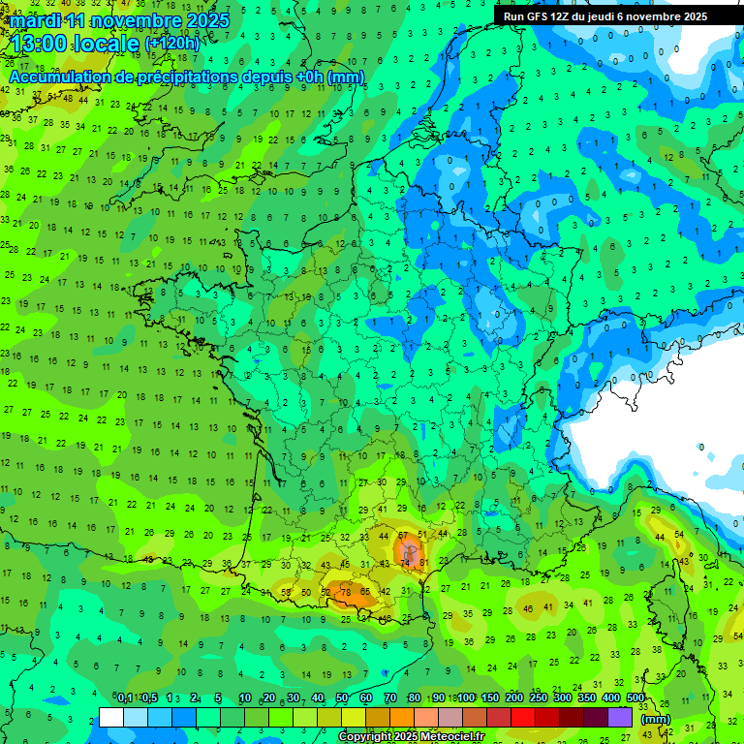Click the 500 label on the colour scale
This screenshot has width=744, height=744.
point(635,698)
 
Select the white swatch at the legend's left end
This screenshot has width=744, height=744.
point(111,718)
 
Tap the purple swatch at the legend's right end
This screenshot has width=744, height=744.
point(620,718)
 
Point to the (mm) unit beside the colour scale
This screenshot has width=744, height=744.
point(656,719)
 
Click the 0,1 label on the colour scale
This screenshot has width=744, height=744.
point(125,698)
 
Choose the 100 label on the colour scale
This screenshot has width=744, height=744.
point(466,698)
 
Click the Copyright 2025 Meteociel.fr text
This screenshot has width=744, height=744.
point(412,737)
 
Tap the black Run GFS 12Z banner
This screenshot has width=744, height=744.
point(604,16)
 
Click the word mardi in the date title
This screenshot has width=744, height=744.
point(34,20)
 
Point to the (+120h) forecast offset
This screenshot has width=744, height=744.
point(172,44)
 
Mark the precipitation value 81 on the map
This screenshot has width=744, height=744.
point(422,563)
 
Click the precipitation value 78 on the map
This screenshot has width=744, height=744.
point(346,592)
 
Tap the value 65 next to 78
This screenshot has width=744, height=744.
point(364,592)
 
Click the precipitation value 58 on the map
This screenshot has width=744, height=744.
point(287,592)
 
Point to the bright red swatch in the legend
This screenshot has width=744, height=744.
point(523,718)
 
